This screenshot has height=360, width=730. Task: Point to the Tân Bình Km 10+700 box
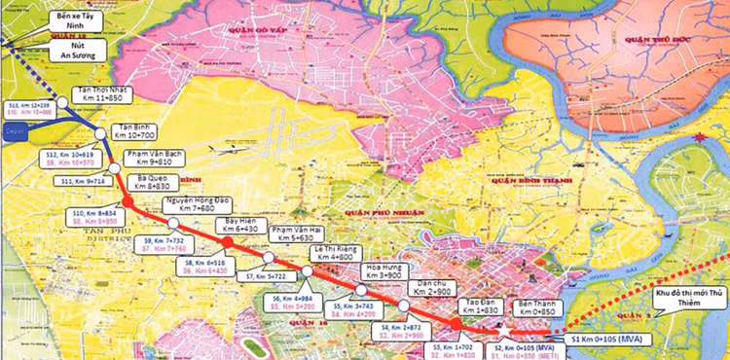coord(140,131)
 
